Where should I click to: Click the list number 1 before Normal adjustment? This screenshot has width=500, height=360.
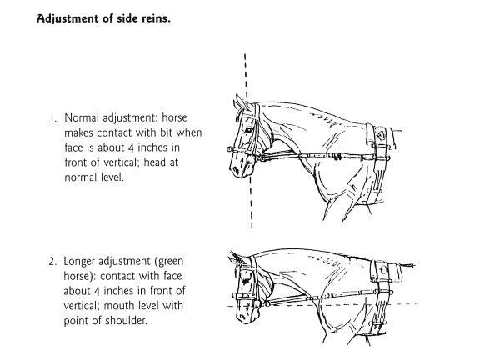click(x=53, y=118)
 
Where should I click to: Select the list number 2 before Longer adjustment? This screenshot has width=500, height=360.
click(x=53, y=262)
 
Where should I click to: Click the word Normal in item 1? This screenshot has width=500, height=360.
click(x=82, y=117)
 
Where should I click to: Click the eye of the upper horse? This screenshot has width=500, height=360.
click(x=248, y=130)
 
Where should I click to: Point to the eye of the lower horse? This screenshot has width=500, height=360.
click(x=245, y=281)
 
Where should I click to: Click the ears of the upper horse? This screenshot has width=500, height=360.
click(x=241, y=103)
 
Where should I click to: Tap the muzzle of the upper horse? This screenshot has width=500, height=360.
click(x=239, y=167)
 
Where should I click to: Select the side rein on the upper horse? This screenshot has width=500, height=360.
click(x=319, y=156)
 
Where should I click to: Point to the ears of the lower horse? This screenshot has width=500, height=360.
click(x=237, y=257)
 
